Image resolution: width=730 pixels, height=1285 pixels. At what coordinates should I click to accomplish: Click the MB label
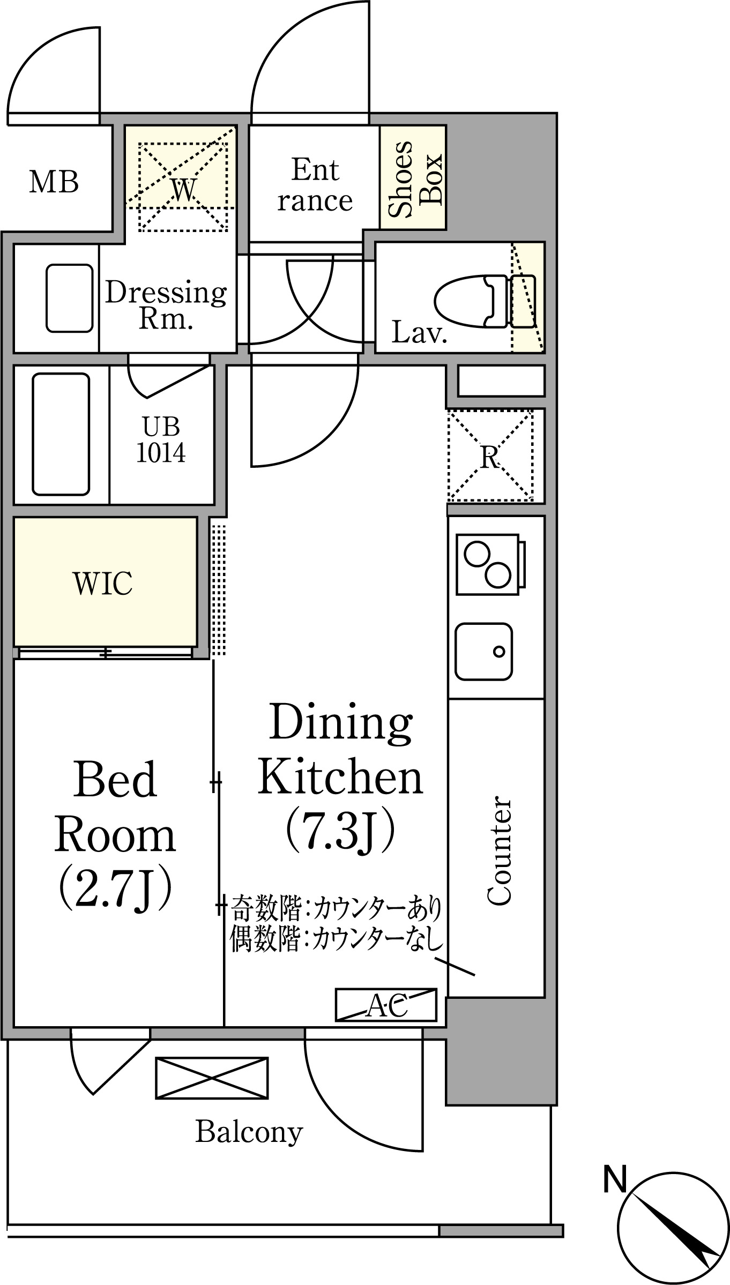click(x=54, y=182)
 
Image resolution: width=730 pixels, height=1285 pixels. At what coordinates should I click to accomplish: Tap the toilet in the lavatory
click(x=485, y=301)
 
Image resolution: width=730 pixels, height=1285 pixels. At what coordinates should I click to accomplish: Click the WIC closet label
click(x=103, y=584)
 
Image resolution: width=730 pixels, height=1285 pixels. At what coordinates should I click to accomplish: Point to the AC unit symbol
click(x=386, y=1005)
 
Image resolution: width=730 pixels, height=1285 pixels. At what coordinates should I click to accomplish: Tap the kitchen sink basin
click(x=483, y=652)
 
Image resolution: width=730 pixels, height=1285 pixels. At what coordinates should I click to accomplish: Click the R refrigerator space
click(x=490, y=456)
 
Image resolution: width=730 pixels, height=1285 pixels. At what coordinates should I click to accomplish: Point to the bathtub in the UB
click(x=61, y=434)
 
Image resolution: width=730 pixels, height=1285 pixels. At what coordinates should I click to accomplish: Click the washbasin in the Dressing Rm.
click(x=70, y=298)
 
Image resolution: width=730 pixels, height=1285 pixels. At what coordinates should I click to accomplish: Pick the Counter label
click(x=499, y=851)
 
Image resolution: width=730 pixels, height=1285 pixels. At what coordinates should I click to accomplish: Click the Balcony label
click(x=249, y=1132)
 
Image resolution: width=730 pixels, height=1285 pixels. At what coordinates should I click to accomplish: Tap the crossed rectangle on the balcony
click(x=212, y=1078)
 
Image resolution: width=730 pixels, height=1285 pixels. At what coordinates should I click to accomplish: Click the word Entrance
click(x=315, y=185)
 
